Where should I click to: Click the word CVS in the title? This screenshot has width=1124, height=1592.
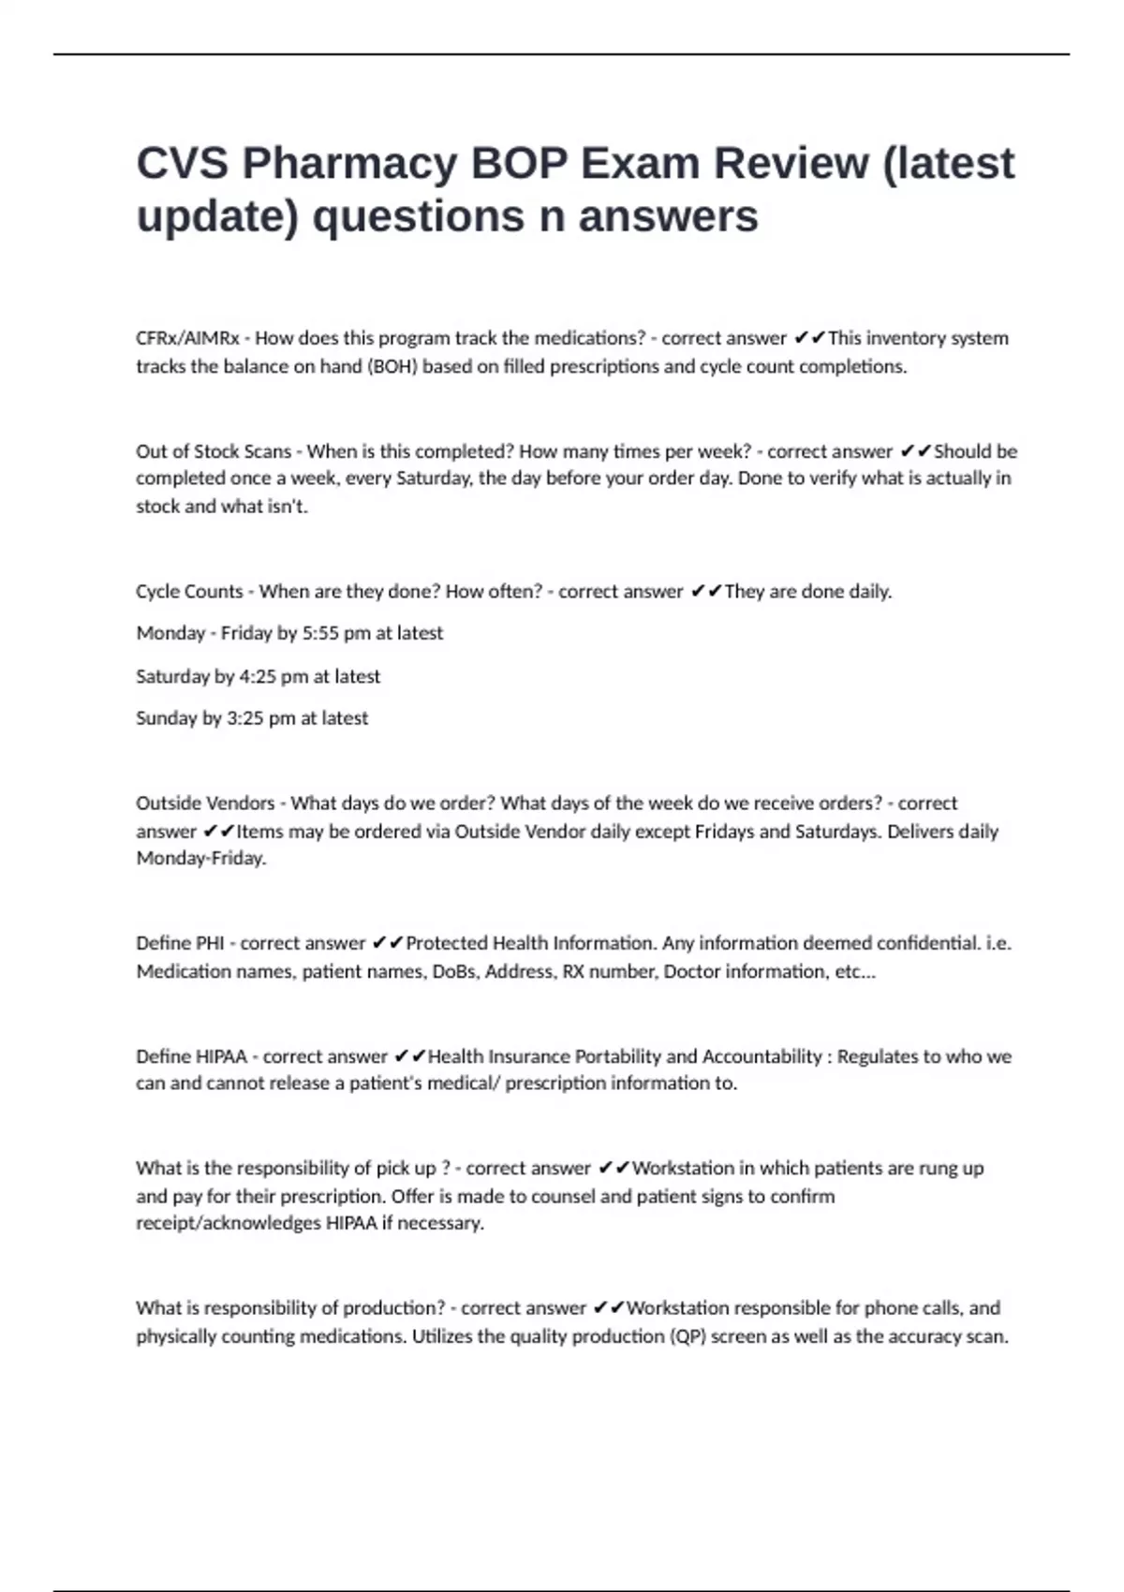click(182, 163)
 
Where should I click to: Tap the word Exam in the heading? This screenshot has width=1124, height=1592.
click(640, 163)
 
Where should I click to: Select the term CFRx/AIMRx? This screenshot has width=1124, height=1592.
click(187, 338)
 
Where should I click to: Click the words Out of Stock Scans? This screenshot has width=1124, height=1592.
click(214, 451)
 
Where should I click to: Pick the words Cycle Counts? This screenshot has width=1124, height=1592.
click(189, 592)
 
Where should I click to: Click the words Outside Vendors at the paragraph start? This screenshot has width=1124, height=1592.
click(205, 803)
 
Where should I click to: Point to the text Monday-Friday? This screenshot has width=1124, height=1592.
click(200, 859)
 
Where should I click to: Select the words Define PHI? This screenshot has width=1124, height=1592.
click(180, 943)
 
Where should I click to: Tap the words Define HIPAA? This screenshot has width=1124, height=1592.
click(191, 1056)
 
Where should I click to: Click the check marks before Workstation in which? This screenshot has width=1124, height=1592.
click(613, 1168)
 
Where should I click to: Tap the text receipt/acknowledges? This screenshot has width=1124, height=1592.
click(228, 1223)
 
